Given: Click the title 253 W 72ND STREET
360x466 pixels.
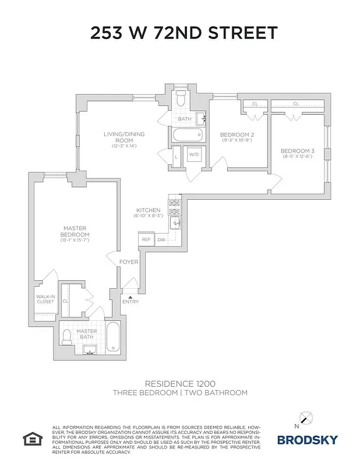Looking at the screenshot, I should coord(183,33).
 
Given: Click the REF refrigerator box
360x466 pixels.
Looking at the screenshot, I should coord(146,239).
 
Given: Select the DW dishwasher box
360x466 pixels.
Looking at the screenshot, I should coord(161,239).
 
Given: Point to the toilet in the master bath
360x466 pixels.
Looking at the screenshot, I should coord(68,336).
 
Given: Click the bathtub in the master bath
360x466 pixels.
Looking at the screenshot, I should coord(114,337).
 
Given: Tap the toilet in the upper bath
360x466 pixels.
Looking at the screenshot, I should coord(181,96).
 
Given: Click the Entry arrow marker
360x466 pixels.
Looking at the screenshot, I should coord(130,298).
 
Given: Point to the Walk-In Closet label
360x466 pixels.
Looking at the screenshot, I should coord(45,299).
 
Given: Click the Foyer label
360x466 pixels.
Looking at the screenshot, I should coord(129,262).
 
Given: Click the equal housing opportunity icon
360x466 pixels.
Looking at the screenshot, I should coord(30,437).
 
